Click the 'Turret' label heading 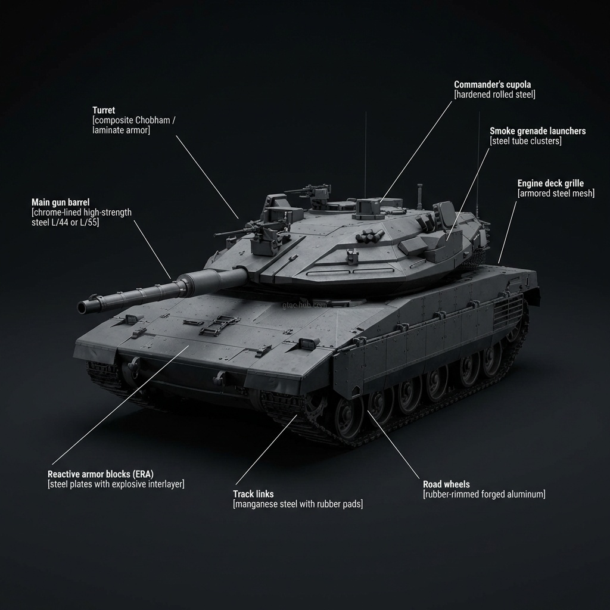104,110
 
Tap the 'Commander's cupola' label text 492,85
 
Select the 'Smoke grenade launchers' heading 537,130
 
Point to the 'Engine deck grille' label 550,183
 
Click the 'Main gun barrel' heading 60,203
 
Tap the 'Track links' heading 253,494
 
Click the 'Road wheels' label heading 446,484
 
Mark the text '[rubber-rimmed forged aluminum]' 484,494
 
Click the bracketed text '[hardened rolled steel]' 494,95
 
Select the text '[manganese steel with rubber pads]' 297,504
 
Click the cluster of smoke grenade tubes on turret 366,238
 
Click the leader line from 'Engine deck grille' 506,232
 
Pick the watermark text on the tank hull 304,304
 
